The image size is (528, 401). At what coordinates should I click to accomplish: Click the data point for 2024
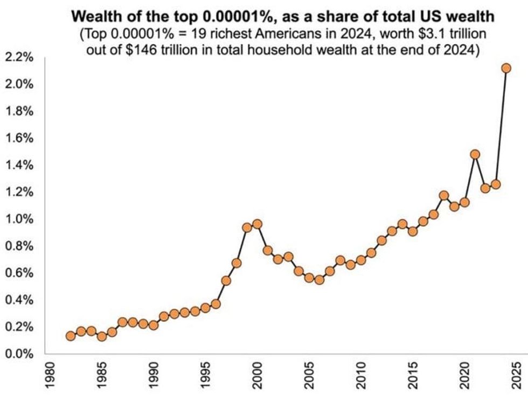tap(506, 68)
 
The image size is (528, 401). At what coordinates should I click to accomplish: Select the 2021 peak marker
tap(475, 154)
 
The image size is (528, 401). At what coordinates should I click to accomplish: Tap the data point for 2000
tap(257, 224)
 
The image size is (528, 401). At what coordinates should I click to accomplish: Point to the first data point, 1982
tap(71, 336)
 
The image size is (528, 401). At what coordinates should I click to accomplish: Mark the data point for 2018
tap(443, 196)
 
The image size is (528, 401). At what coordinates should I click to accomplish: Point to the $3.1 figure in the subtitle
tap(415, 33)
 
